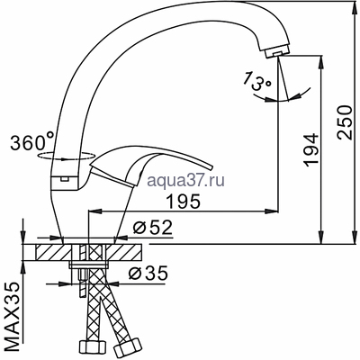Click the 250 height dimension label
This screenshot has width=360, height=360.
344,122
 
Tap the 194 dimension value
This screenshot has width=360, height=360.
310,149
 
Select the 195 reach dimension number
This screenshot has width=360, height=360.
183,202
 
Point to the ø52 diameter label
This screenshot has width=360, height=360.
152,228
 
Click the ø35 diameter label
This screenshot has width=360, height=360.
148,273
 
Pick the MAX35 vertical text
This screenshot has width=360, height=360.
13,316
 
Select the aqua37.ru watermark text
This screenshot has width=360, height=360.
186,180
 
